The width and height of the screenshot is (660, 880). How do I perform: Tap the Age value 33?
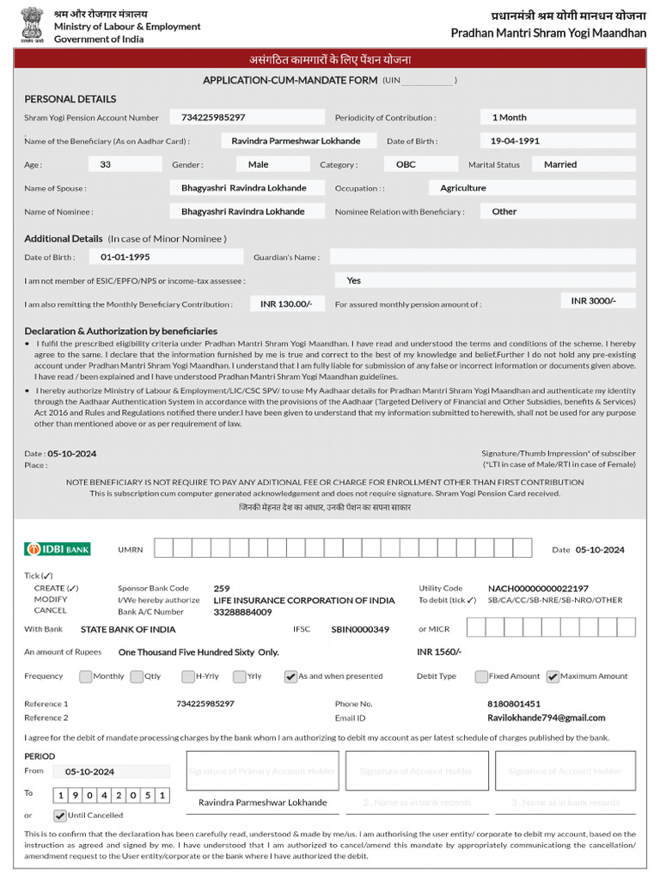click(106, 164)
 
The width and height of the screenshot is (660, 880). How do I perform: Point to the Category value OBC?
click(405, 164)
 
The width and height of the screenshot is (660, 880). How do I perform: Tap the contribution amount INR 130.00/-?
click(286, 303)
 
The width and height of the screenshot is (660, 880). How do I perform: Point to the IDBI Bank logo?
click(58, 549)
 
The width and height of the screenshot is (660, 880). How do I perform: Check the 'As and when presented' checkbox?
click(290, 676)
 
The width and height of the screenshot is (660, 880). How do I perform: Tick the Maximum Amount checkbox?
click(553, 676)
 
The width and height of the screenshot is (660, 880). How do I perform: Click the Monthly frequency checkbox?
click(85, 676)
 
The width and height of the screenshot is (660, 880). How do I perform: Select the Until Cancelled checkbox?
click(60, 816)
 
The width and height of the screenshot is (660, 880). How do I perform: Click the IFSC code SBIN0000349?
click(360, 629)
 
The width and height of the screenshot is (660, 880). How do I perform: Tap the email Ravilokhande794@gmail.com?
click(546, 718)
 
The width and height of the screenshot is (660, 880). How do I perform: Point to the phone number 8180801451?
click(514, 704)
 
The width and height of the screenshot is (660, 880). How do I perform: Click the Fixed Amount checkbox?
click(481, 676)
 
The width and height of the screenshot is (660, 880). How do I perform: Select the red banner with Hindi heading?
click(330, 59)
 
